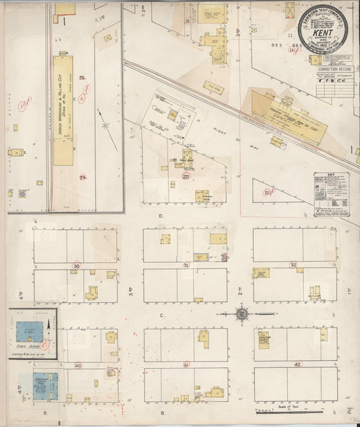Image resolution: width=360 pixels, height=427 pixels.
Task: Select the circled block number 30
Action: tap(76, 266)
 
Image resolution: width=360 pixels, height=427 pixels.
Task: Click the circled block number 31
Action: tap(186, 266)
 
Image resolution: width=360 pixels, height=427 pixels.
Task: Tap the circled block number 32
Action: tap(293, 264)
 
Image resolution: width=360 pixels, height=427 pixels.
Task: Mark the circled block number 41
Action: tap(186, 365)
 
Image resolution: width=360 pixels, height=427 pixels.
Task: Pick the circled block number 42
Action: tap(297, 364)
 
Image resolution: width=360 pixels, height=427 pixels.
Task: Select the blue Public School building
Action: tap(29, 330)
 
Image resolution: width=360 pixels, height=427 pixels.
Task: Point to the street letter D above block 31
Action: tap(161, 216)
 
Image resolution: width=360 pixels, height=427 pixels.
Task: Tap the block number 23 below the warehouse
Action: tap(82, 177)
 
